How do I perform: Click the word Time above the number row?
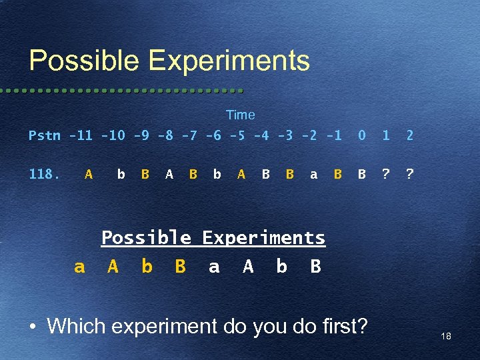pos(240,115)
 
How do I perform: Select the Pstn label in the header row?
pos(44,136)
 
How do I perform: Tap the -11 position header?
pos(81,136)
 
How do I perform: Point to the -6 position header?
pos(213,136)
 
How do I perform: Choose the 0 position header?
pos(361,136)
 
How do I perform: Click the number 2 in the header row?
pos(409,136)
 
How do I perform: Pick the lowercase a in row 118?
pos(313,175)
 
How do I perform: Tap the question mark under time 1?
pos(385,175)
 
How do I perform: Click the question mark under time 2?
pos(409,175)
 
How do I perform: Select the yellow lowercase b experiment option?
pos(147,267)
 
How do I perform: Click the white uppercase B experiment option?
pos(315,267)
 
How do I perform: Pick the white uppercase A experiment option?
pos(248,267)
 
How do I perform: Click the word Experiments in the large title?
pos(229,61)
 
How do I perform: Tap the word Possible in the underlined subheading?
pos(146,238)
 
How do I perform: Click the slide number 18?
pos(445,337)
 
